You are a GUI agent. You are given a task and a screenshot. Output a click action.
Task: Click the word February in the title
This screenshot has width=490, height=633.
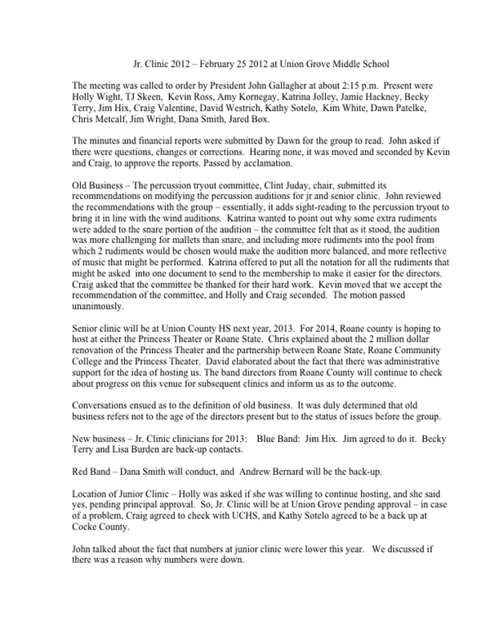pos(224,63)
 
